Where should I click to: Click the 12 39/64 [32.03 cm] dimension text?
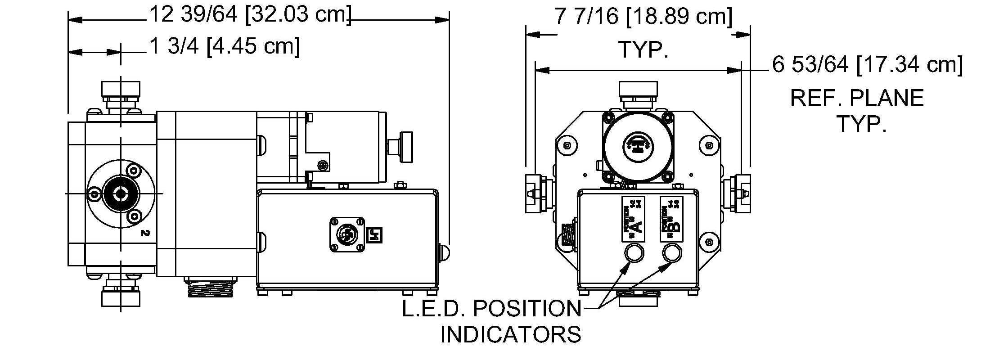tap(250, 15)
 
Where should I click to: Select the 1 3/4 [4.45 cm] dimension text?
tap(224, 46)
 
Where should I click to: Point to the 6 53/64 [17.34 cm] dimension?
tap(868, 65)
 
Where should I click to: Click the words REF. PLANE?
tap(857, 98)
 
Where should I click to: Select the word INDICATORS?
tap(510, 334)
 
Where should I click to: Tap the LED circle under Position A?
tap(633, 252)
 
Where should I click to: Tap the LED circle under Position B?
tap(672, 252)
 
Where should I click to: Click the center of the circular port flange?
tap(121, 193)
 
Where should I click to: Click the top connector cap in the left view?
tap(121, 92)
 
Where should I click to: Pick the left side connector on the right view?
tap(535, 193)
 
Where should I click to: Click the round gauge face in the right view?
tap(638, 145)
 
